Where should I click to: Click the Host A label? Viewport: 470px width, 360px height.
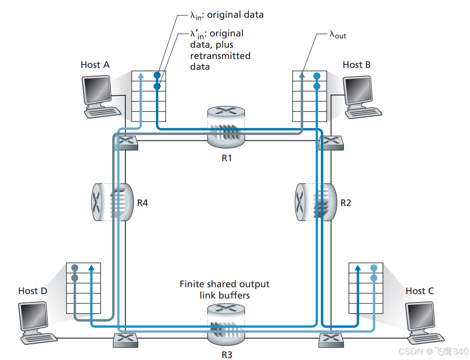(95, 65)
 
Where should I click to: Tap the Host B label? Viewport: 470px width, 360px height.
(356, 65)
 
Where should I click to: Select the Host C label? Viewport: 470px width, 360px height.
(419, 291)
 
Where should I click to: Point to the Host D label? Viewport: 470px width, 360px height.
(32, 291)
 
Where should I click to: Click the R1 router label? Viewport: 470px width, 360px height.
(226, 158)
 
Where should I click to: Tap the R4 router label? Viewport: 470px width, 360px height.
(143, 202)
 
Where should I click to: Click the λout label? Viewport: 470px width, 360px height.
(340, 35)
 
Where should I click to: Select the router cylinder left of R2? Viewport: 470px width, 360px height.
(315, 202)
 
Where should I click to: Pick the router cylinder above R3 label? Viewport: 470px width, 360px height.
(226, 325)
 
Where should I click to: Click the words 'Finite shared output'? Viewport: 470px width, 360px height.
(224, 284)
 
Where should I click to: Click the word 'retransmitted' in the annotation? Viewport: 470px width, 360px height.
(220, 56)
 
